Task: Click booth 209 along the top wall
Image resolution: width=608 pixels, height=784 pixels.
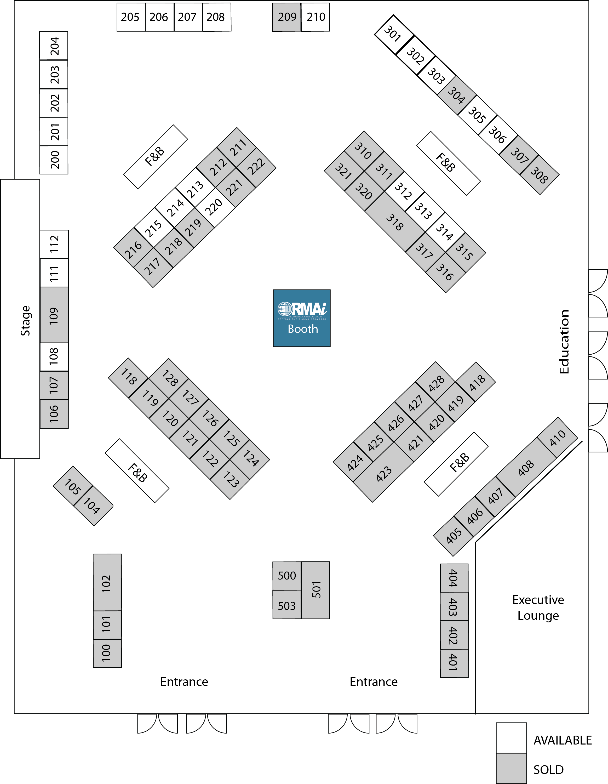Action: pos(286,17)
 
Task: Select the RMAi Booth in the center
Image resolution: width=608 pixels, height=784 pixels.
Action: pos(301,318)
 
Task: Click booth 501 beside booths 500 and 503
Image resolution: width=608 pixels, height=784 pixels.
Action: pos(316,590)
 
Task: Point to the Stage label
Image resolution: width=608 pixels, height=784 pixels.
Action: pos(25,321)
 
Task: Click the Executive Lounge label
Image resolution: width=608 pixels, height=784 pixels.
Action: pos(538,607)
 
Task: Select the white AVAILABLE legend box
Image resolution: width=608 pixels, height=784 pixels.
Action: pos(511,738)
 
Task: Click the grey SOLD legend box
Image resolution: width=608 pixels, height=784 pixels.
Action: pos(511,768)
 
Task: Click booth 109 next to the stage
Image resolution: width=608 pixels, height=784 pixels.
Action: pos(54,315)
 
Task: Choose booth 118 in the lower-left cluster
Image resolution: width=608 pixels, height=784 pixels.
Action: pos(128,377)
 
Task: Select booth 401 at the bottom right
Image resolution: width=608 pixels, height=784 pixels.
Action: pos(454,663)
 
